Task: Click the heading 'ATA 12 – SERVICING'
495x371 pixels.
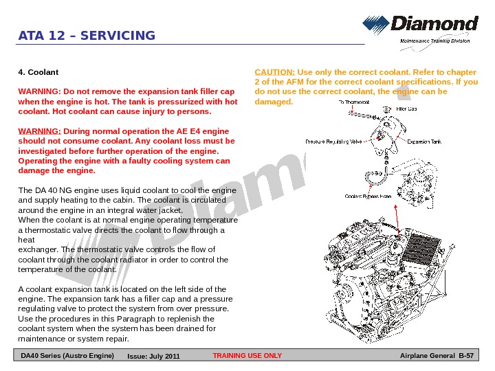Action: click(x=87, y=36)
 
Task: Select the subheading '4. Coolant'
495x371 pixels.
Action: click(x=38, y=71)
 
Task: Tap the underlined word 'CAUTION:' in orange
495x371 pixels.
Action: click(x=275, y=71)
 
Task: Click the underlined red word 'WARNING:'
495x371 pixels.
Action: click(x=38, y=131)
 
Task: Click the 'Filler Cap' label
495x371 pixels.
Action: click(x=407, y=109)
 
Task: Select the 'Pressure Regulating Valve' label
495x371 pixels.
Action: click(x=333, y=142)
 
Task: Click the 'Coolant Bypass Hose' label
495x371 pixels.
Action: click(x=368, y=196)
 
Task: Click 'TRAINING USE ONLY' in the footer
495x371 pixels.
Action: click(x=247, y=356)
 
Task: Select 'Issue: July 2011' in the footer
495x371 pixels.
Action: click(x=153, y=356)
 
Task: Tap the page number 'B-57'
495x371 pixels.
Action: click(x=467, y=355)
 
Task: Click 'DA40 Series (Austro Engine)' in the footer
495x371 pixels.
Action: click(x=67, y=355)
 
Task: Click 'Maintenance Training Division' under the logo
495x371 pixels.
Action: click(x=434, y=41)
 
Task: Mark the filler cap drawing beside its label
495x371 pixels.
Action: click(x=387, y=109)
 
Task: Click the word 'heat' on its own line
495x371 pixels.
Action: click(x=25, y=240)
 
